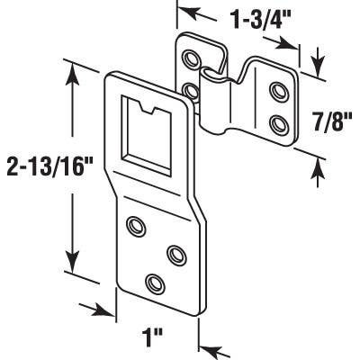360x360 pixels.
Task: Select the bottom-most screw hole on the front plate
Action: point(157,283)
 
